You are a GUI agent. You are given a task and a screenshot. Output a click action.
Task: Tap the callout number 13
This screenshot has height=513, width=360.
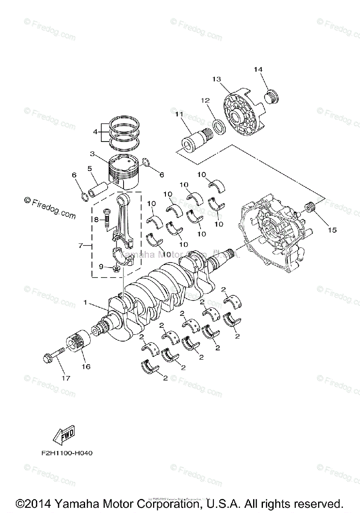216,79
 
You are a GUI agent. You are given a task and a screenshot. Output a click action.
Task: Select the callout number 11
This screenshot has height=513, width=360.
179,114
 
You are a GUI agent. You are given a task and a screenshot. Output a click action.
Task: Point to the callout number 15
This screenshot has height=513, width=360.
332,230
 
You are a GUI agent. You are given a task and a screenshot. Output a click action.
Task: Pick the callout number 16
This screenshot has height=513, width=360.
86,366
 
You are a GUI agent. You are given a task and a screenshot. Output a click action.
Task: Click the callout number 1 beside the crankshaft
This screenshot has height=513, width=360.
86,303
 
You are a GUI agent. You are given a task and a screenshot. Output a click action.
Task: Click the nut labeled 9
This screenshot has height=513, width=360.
115,268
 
